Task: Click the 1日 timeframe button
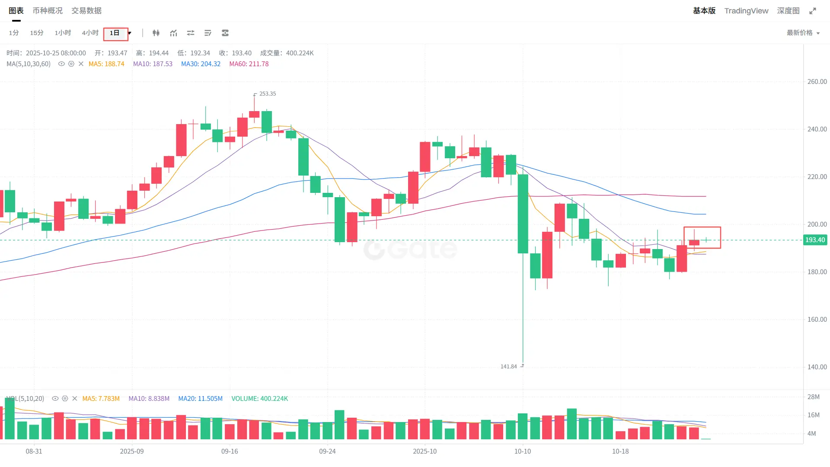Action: pyautogui.click(x=115, y=33)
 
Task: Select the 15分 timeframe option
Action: pyautogui.click(x=37, y=33)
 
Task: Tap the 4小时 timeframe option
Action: pyautogui.click(x=90, y=33)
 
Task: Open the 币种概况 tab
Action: pyautogui.click(x=48, y=11)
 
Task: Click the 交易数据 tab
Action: pyautogui.click(x=86, y=11)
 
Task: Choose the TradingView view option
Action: pyautogui.click(x=746, y=11)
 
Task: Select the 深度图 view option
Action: pyautogui.click(x=788, y=11)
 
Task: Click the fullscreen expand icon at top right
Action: pyautogui.click(x=813, y=11)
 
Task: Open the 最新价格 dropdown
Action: pyautogui.click(x=803, y=33)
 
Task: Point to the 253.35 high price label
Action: pyautogui.click(x=267, y=94)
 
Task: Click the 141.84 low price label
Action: pyautogui.click(x=509, y=367)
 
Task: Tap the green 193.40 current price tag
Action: pyautogui.click(x=815, y=240)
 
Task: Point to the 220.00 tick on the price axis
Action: pyautogui.click(x=817, y=177)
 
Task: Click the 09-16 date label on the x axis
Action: pyautogui.click(x=230, y=451)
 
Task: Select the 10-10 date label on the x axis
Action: pyautogui.click(x=523, y=451)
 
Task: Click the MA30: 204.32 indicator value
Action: pyautogui.click(x=201, y=64)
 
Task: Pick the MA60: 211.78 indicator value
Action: pyautogui.click(x=249, y=64)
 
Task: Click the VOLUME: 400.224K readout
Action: pyautogui.click(x=259, y=399)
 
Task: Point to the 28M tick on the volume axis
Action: pyautogui.click(x=813, y=397)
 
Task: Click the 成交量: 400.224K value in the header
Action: pyautogui.click(x=287, y=53)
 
